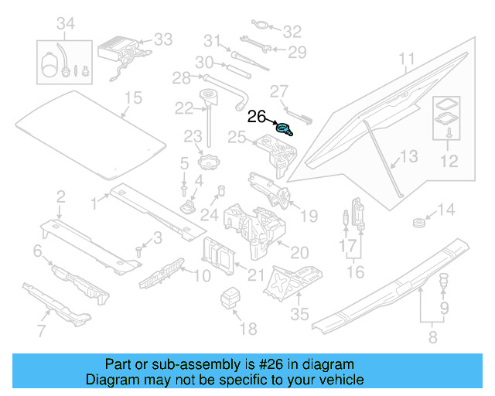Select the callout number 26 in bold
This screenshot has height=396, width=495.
click(257, 118)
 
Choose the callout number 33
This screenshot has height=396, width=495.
click(163, 39)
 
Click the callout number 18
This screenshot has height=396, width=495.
click(247, 329)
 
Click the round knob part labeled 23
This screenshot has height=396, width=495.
click(209, 164)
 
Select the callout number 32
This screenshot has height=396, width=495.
click(292, 32)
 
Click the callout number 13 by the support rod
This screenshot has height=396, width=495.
click(408, 157)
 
